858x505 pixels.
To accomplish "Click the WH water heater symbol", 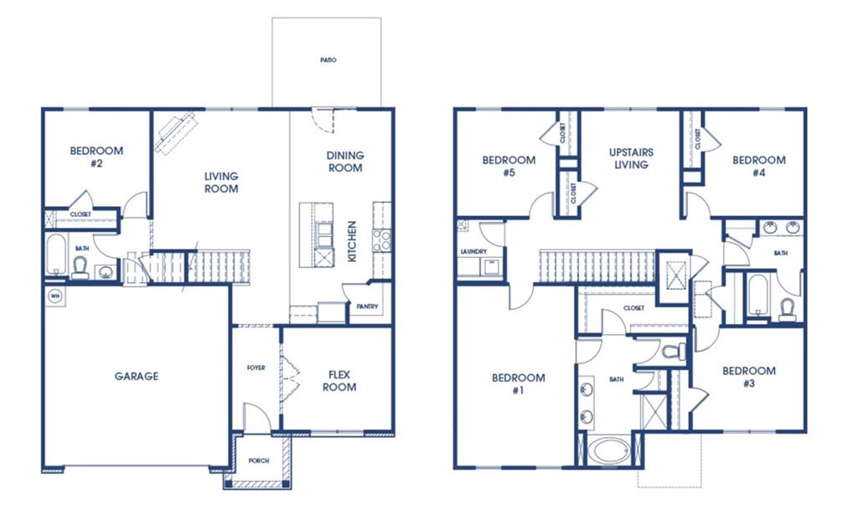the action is (x=55, y=296).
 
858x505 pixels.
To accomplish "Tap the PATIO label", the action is (x=328, y=60).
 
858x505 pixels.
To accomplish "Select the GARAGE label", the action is (x=137, y=376).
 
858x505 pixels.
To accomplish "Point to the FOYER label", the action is (x=256, y=368).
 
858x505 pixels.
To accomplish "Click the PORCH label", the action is (x=259, y=461).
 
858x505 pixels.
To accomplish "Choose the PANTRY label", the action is (x=367, y=307).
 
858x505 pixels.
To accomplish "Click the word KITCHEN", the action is (x=352, y=241).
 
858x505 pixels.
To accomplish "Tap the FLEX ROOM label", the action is (x=339, y=381).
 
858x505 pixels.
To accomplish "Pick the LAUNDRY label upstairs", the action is (x=474, y=252).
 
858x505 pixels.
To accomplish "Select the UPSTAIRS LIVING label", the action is (x=632, y=158).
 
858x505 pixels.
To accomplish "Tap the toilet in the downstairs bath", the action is (x=80, y=268).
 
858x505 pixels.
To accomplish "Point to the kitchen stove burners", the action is (x=382, y=240).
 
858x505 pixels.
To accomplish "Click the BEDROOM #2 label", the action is (x=96, y=157).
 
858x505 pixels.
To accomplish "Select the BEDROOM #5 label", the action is (x=509, y=166).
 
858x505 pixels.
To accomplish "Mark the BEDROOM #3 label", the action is (x=749, y=376).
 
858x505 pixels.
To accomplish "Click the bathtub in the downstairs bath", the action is (x=56, y=255).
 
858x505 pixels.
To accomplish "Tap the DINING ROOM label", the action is (x=345, y=162).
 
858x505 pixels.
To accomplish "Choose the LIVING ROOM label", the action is (x=221, y=183).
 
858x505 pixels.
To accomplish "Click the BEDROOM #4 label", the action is (x=759, y=166).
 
